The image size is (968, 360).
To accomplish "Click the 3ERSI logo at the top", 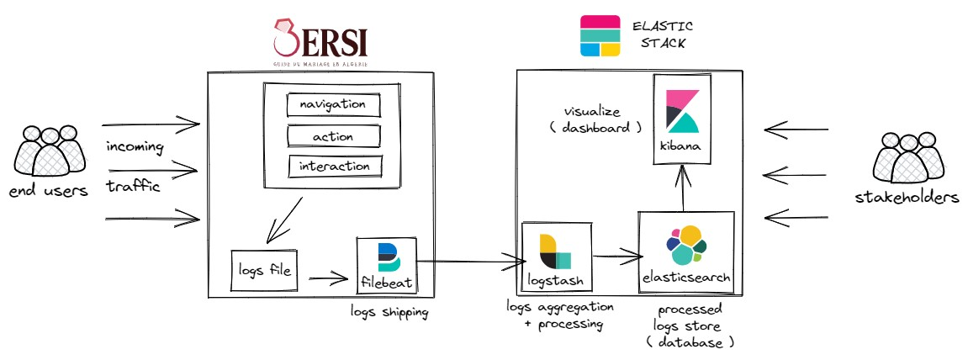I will click(320, 42).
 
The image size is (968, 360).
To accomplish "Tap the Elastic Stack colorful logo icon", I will click(600, 36).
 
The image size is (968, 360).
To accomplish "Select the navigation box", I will click(333, 105).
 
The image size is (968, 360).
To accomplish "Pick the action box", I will click(333, 136).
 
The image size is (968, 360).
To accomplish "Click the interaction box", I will click(334, 167).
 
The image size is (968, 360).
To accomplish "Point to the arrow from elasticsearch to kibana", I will click(683, 187).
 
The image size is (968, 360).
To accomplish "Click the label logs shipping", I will click(389, 312).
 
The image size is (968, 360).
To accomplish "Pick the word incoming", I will click(135, 147).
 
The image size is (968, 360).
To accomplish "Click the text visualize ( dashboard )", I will click(603, 119).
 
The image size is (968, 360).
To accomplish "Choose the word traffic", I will click(133, 187).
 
